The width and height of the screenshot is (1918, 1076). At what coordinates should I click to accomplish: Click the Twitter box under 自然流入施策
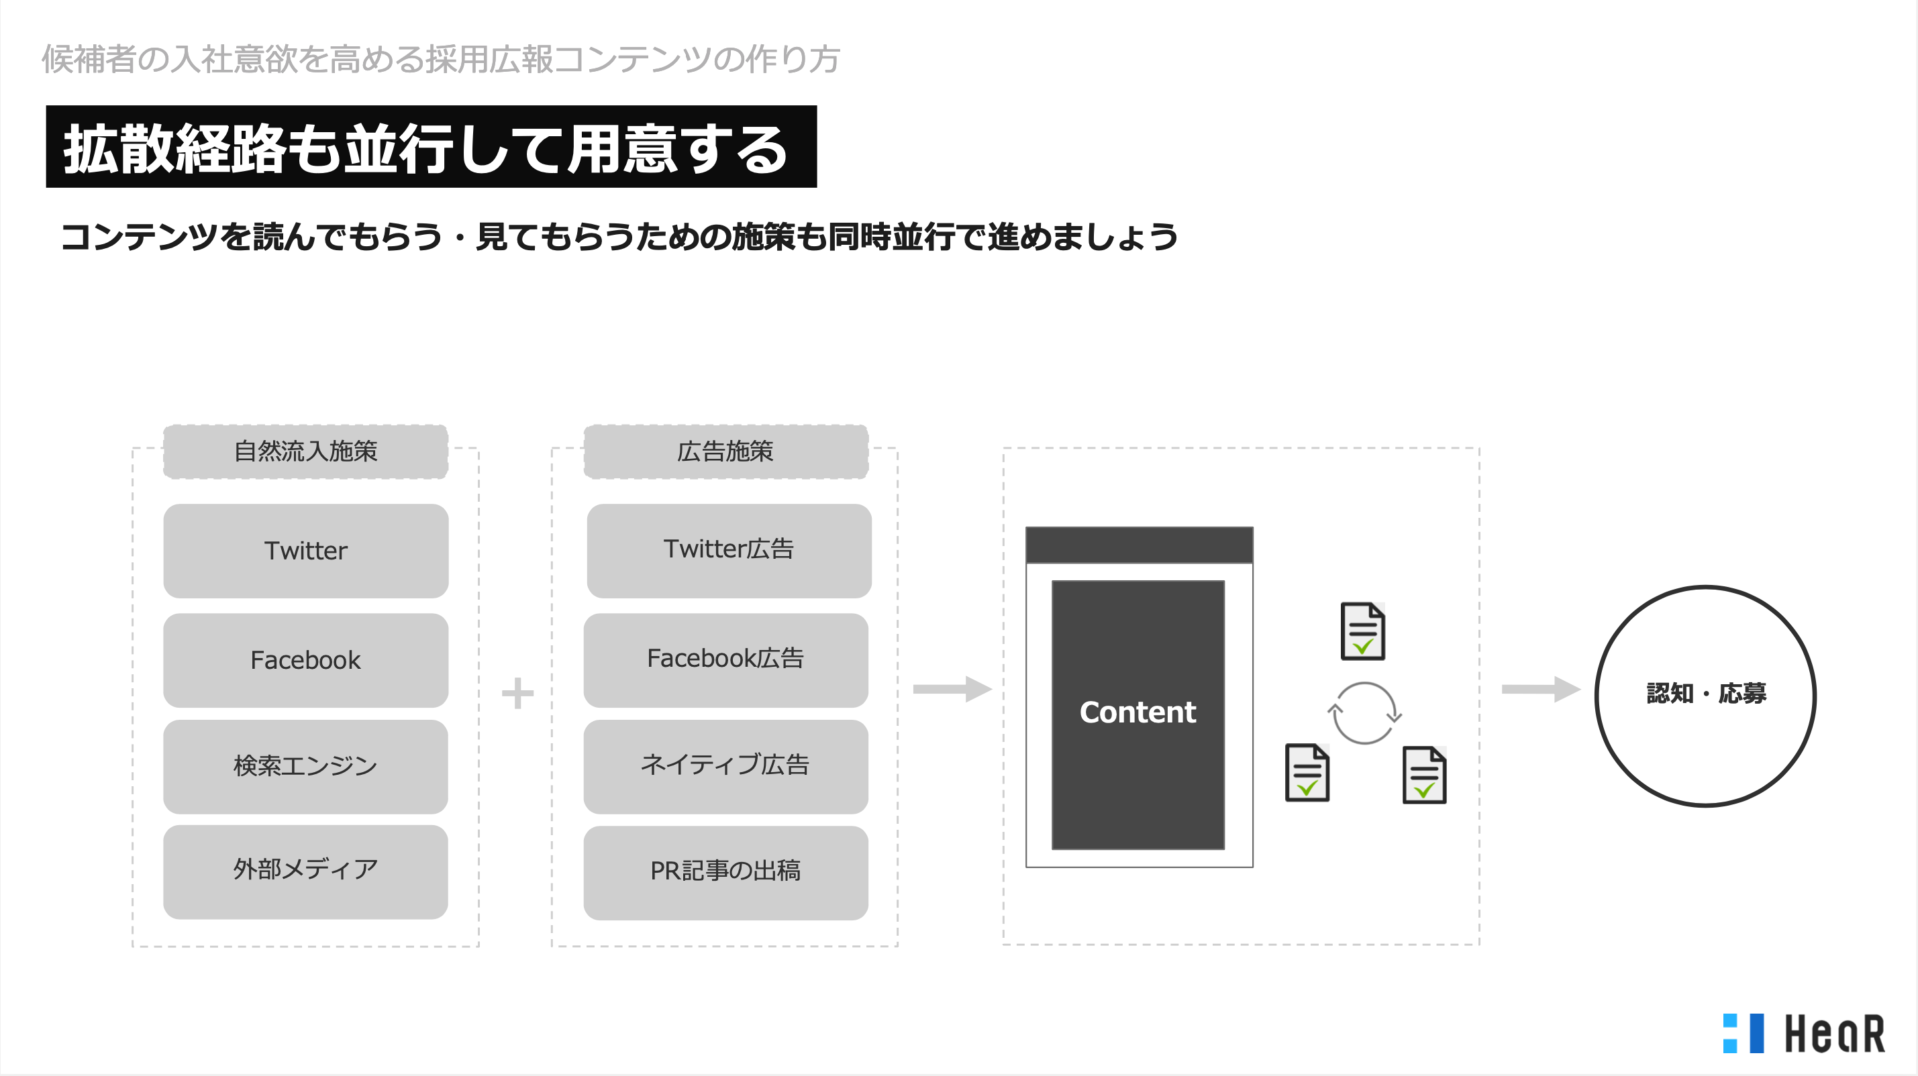click(306, 551)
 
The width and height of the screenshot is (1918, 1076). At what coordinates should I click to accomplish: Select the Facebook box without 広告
click(306, 660)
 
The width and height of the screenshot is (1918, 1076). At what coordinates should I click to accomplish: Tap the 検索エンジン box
click(306, 767)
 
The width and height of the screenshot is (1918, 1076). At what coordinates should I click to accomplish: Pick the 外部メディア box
click(306, 871)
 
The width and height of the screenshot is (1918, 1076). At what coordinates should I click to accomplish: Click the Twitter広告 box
click(729, 551)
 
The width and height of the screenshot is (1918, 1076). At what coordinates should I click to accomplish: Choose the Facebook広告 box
click(726, 660)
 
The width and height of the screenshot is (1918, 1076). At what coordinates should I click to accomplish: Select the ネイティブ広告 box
click(726, 767)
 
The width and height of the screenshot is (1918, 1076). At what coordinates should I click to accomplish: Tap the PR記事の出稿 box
click(726, 873)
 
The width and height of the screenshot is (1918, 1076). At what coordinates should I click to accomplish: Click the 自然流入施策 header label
click(306, 451)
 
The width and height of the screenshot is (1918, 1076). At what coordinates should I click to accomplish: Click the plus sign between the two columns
click(517, 694)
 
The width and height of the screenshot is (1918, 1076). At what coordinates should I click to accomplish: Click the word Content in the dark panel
click(1138, 712)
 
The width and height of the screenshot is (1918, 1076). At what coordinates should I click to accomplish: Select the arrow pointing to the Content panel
click(952, 689)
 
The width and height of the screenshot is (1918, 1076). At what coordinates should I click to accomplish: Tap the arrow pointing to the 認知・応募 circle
click(1540, 689)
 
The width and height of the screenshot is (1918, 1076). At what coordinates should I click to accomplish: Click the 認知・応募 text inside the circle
click(1706, 694)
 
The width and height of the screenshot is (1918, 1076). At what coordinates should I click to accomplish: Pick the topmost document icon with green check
click(1362, 631)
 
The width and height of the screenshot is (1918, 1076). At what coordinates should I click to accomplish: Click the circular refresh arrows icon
click(1364, 713)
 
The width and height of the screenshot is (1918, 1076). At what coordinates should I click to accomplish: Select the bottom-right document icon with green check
click(1424, 775)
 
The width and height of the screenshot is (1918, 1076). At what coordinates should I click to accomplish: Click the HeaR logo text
click(1835, 1034)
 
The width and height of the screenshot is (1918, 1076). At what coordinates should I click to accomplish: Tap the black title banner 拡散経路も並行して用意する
click(432, 147)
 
